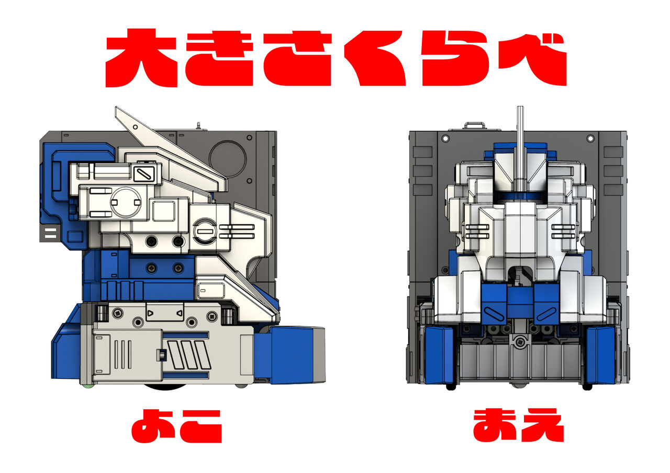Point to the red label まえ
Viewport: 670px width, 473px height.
[518, 425]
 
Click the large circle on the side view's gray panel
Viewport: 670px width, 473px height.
[227, 157]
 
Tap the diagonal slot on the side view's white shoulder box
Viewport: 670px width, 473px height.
[142, 174]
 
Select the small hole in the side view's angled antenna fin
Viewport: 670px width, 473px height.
[135, 126]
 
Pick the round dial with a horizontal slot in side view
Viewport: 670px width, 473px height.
[204, 230]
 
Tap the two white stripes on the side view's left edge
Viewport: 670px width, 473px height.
[50, 233]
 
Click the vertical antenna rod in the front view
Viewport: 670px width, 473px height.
[520, 146]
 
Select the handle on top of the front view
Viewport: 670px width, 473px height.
[475, 125]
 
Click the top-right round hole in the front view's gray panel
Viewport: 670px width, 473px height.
[591, 139]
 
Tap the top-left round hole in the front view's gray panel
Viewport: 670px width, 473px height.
[445, 139]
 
